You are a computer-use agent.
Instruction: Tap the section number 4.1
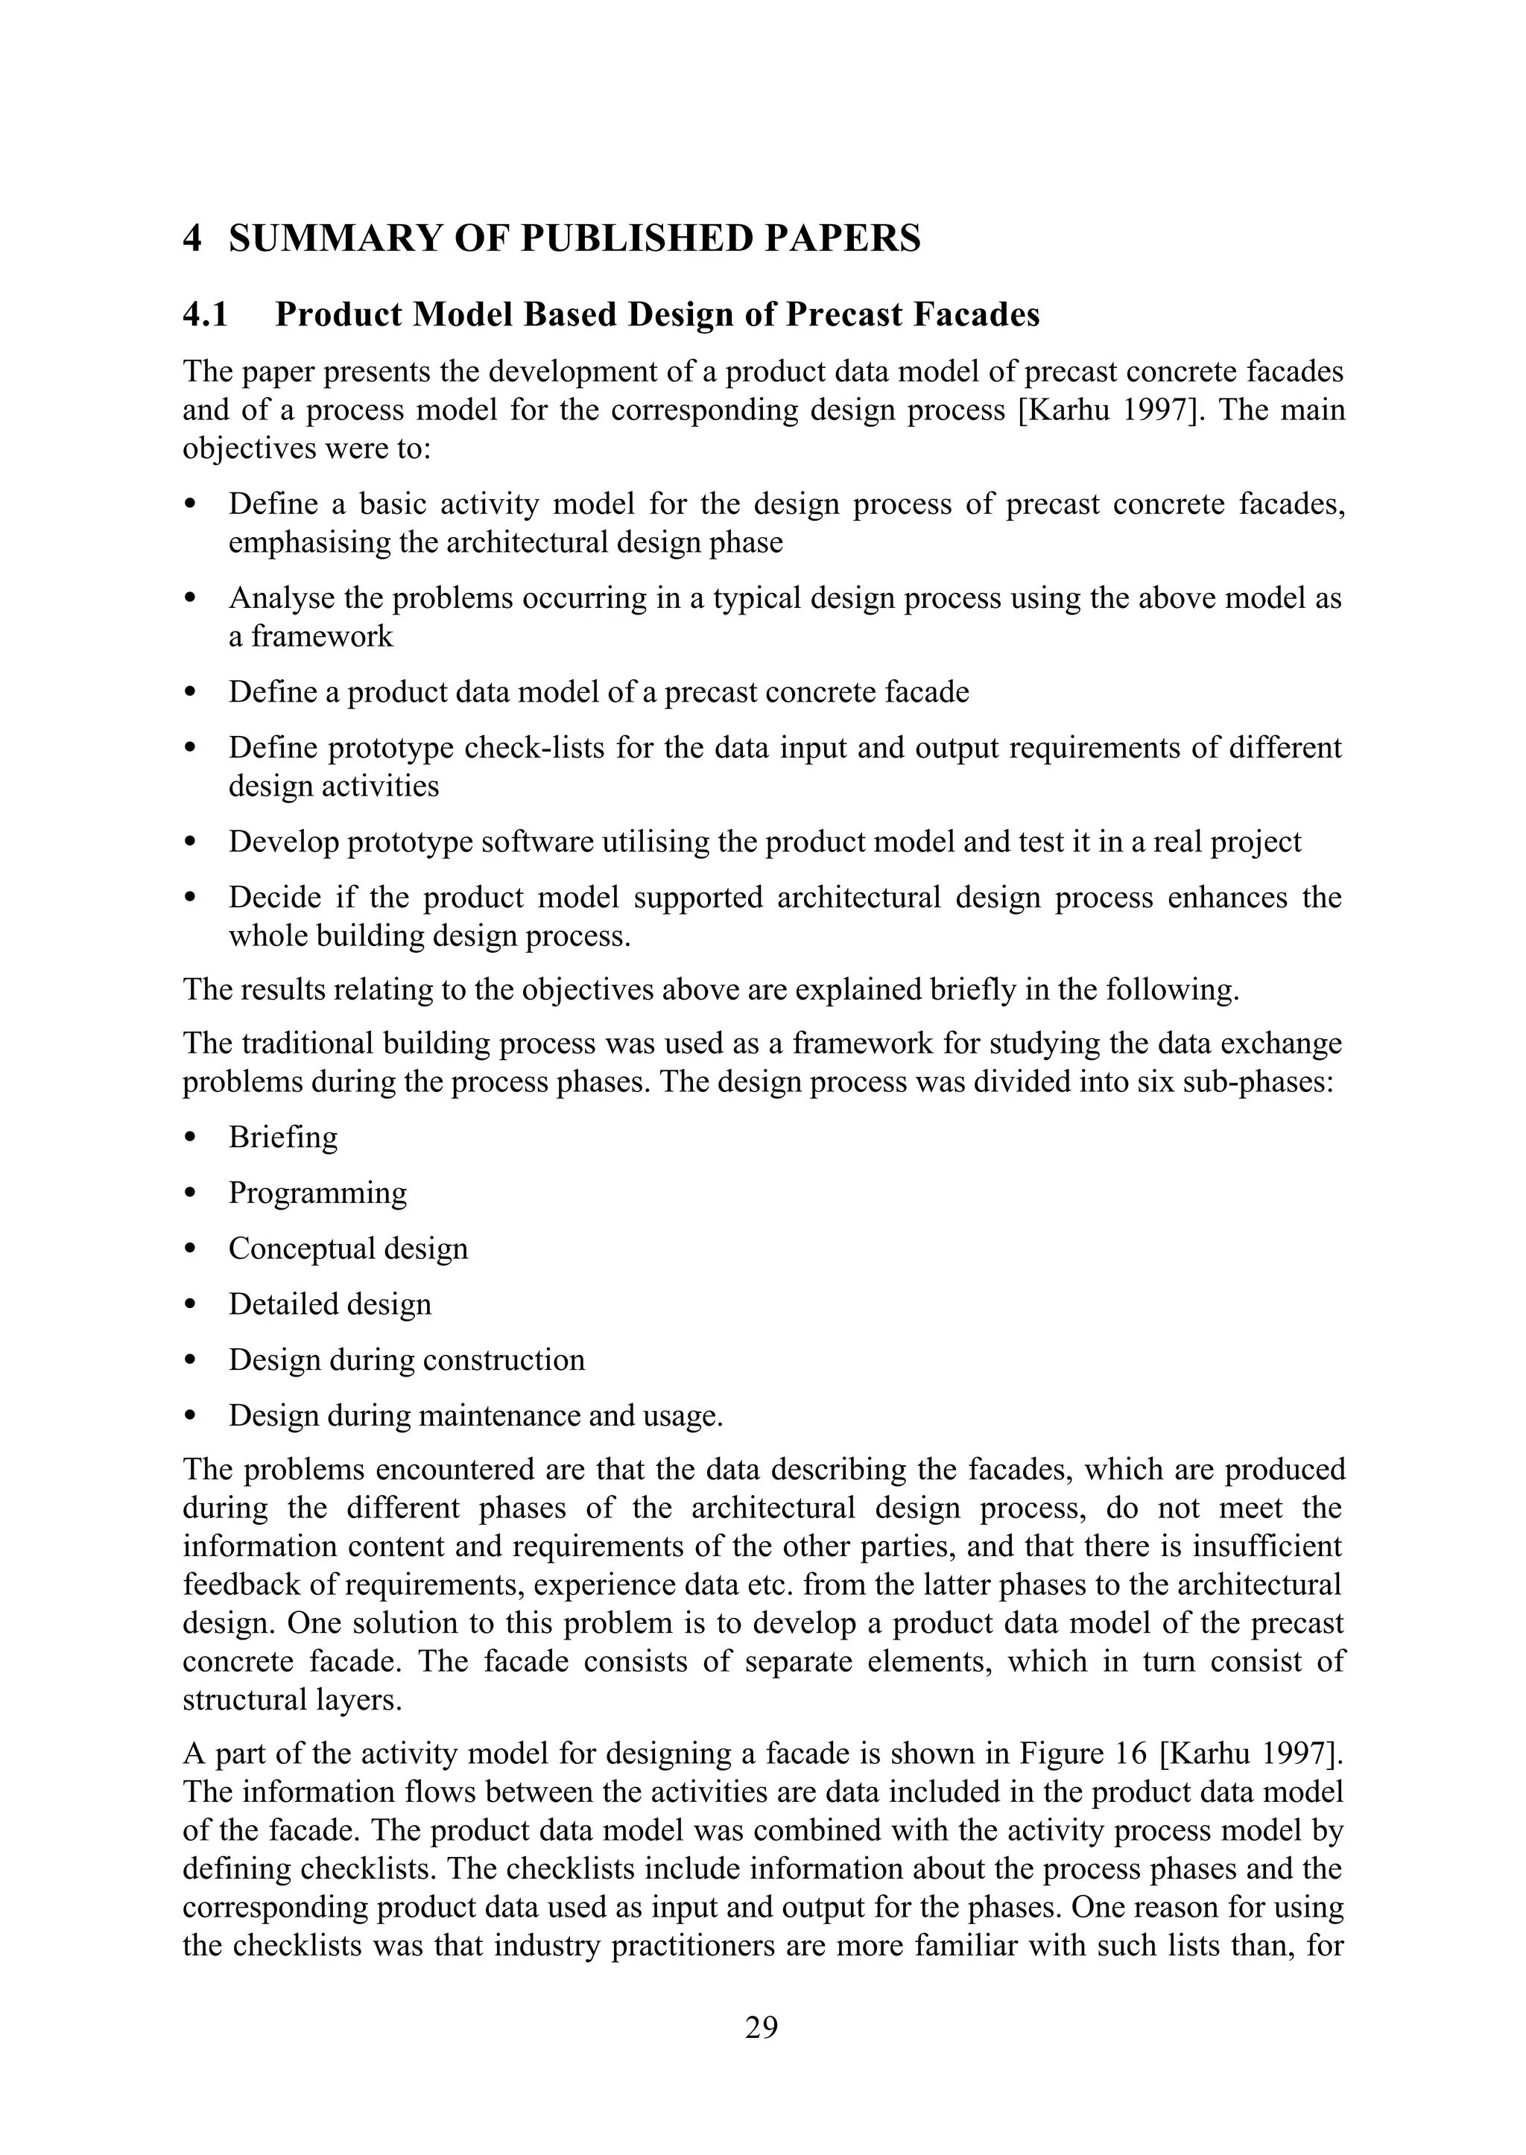tap(205, 314)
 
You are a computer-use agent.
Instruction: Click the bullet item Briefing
tap(283, 1137)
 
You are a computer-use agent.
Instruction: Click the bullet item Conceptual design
tap(348, 1248)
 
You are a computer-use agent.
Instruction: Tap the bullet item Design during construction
tap(406, 1359)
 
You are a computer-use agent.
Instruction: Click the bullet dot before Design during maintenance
tap(191, 1416)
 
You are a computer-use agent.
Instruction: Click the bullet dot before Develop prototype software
tap(191, 842)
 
